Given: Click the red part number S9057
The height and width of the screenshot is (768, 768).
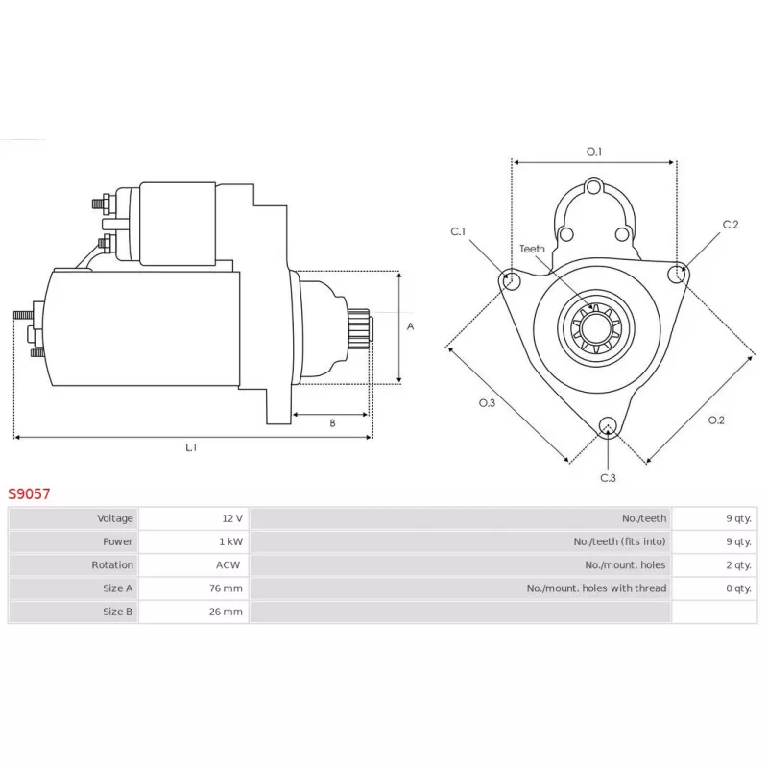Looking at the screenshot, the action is click(29, 493).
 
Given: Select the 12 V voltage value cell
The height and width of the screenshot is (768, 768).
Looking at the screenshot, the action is click(232, 518).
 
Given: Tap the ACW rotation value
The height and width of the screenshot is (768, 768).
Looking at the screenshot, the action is click(228, 564).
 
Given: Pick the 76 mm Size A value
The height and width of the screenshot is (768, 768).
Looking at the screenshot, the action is click(226, 588).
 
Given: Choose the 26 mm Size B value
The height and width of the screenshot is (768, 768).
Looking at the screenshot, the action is click(226, 612).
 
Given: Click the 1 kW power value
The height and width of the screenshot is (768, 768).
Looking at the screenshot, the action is click(231, 541).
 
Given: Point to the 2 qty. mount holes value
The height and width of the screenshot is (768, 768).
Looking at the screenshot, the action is click(738, 565).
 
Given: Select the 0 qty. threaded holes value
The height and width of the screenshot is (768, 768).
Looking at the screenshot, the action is click(738, 588).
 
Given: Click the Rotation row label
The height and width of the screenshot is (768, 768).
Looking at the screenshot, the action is click(112, 564).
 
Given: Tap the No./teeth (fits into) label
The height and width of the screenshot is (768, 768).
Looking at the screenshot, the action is click(619, 541).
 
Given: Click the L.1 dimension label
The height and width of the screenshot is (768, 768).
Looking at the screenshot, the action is click(191, 447).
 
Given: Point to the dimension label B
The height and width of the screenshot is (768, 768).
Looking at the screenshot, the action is click(332, 423).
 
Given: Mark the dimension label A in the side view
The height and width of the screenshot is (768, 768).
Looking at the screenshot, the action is click(411, 326).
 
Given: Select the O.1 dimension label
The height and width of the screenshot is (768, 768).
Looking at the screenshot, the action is click(594, 152).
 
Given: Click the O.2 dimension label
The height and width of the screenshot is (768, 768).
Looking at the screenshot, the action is click(716, 420).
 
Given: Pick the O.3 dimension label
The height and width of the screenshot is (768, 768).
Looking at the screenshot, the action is click(487, 402).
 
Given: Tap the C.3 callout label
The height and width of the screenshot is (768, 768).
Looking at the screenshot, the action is click(608, 477).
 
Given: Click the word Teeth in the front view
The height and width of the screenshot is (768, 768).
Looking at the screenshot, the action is click(532, 249).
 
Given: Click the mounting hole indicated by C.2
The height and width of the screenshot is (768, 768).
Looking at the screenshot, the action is click(678, 274).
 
